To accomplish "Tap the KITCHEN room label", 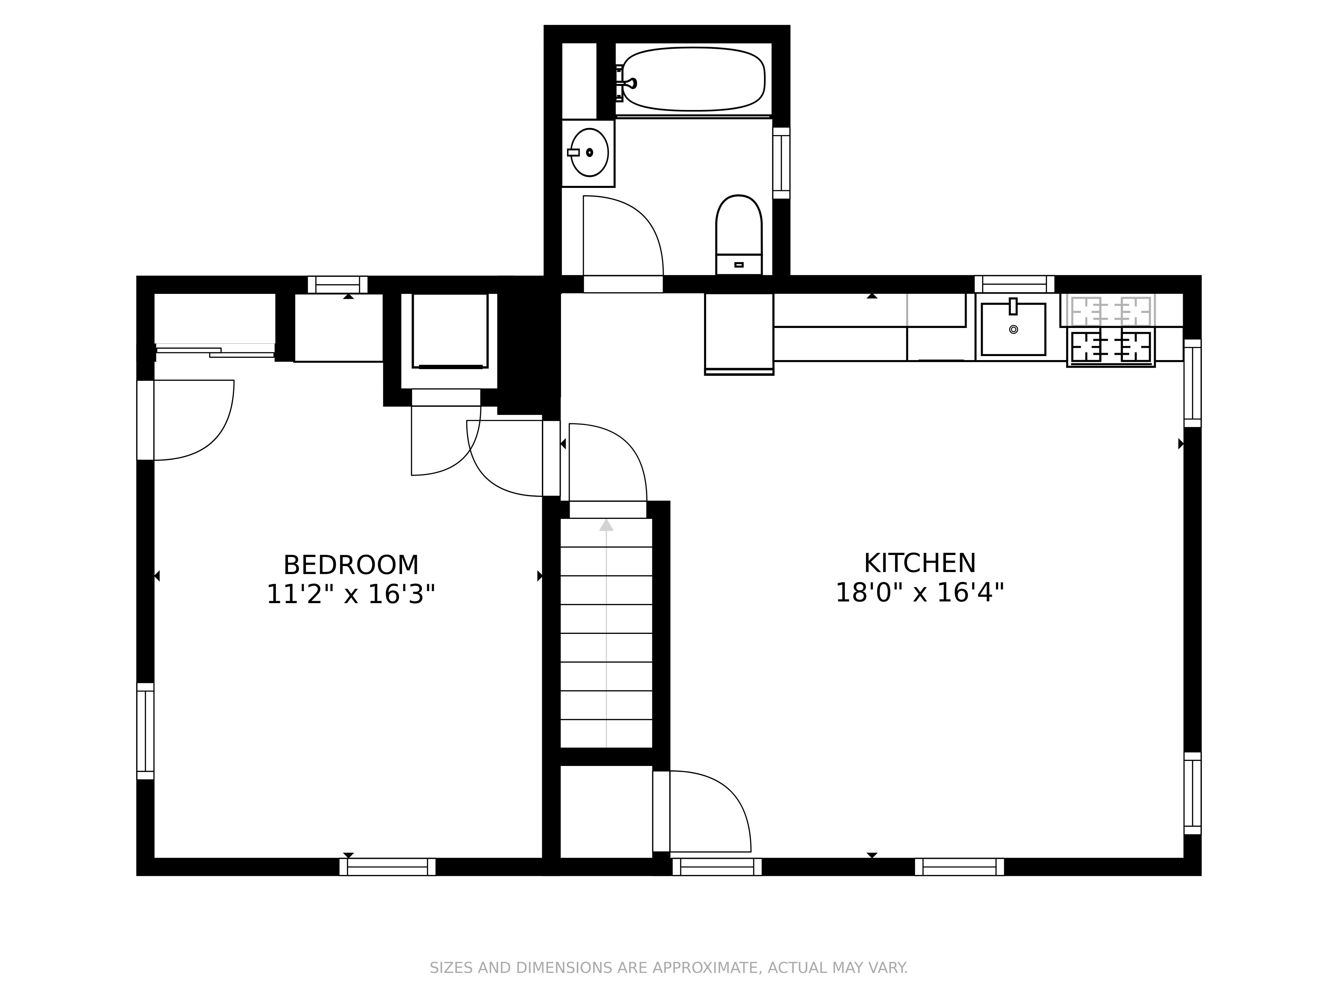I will click(x=920, y=563).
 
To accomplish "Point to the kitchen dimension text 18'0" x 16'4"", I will click(x=920, y=592).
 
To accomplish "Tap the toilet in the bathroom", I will click(x=739, y=233).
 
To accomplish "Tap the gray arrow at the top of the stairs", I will click(x=606, y=525).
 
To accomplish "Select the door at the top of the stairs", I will click(x=607, y=510).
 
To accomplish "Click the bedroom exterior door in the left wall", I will click(x=145, y=420).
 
